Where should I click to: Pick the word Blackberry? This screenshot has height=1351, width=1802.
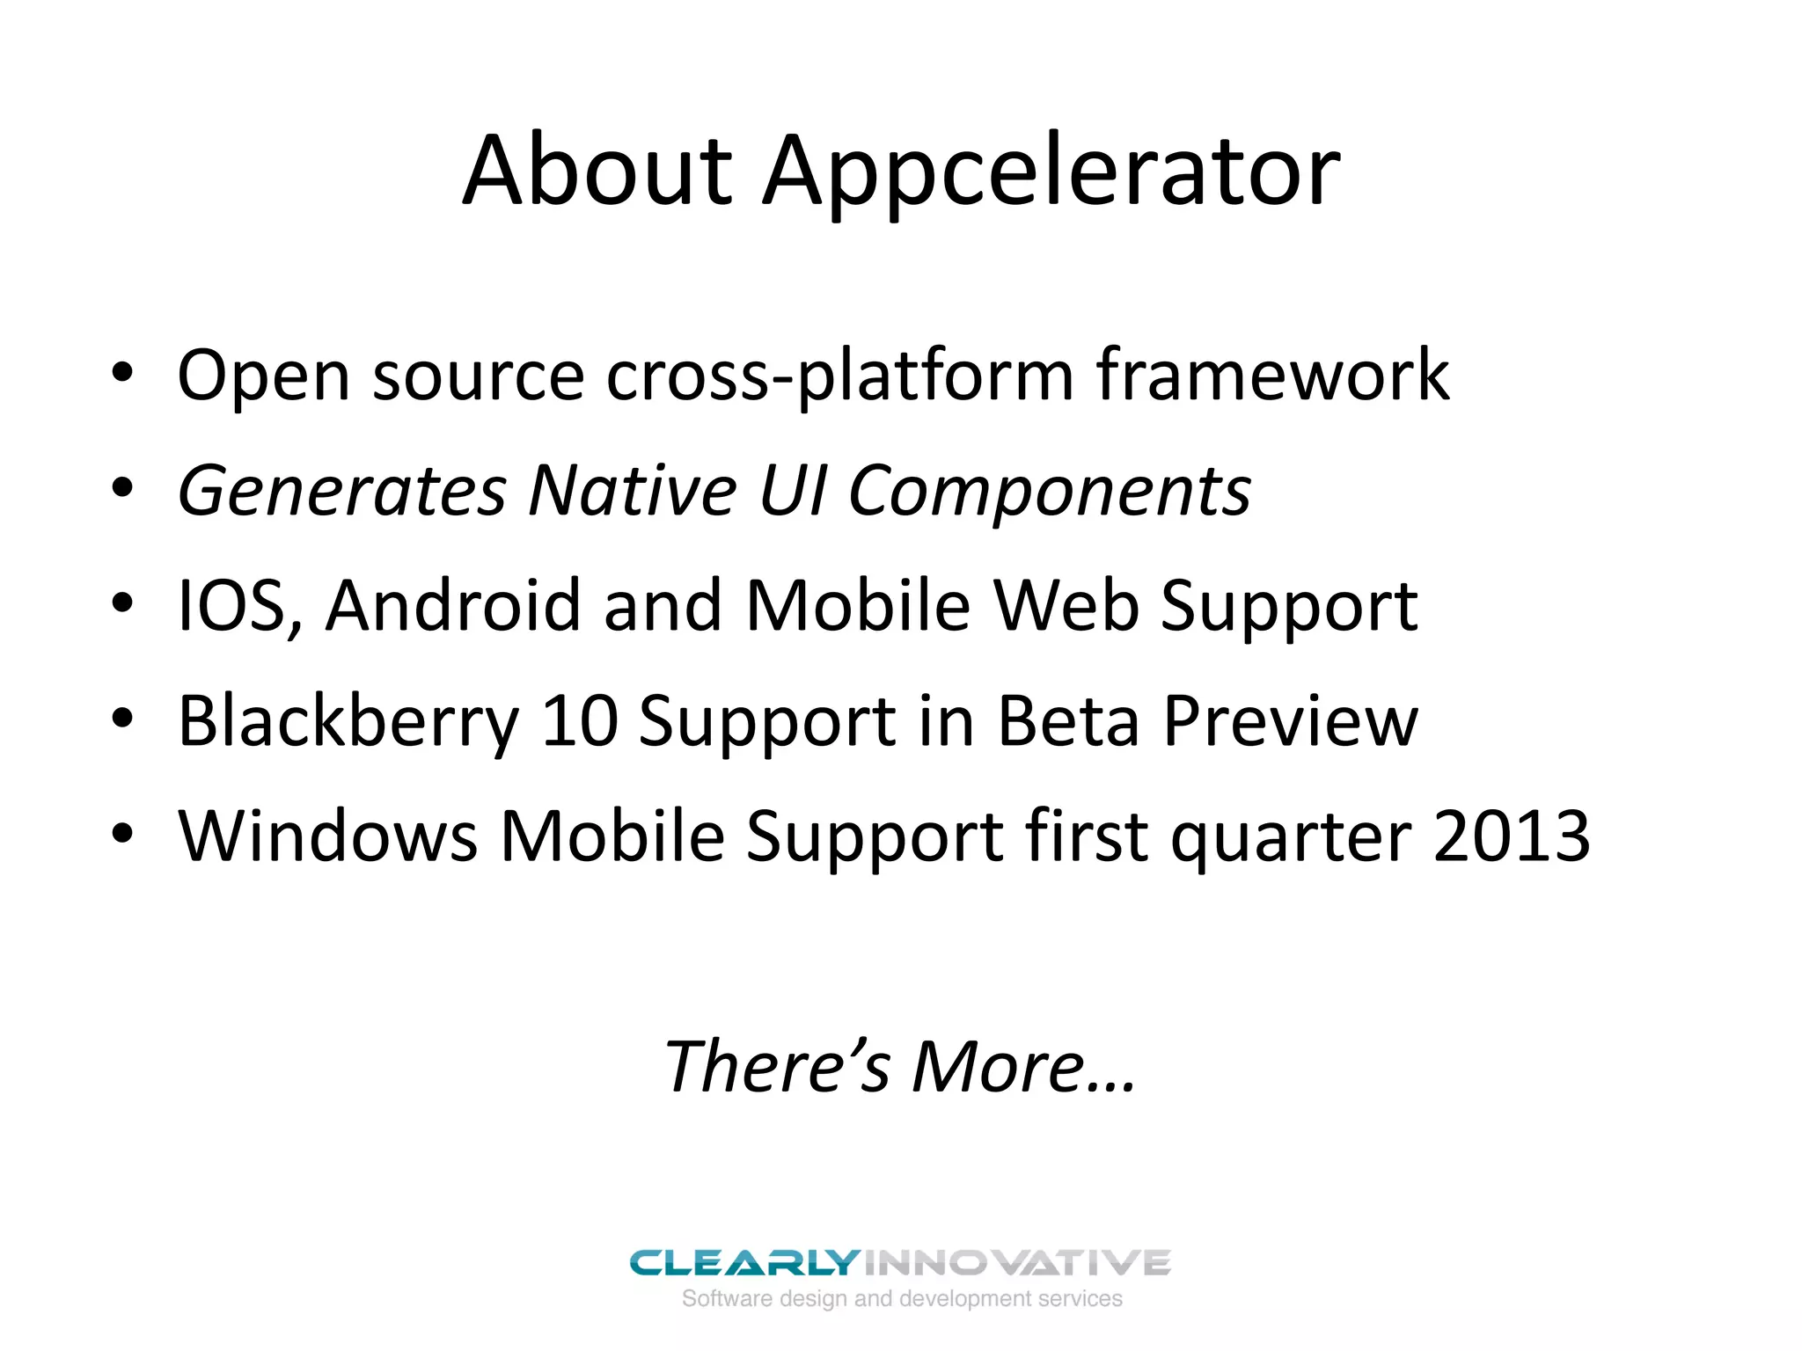click(348, 722)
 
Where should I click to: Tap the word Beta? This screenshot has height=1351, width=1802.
click(1067, 721)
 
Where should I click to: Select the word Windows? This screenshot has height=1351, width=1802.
click(327, 836)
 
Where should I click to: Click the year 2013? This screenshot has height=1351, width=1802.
click(1511, 836)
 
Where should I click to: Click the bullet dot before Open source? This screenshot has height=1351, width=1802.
click(122, 373)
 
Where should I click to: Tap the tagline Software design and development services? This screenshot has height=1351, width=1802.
click(902, 1298)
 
